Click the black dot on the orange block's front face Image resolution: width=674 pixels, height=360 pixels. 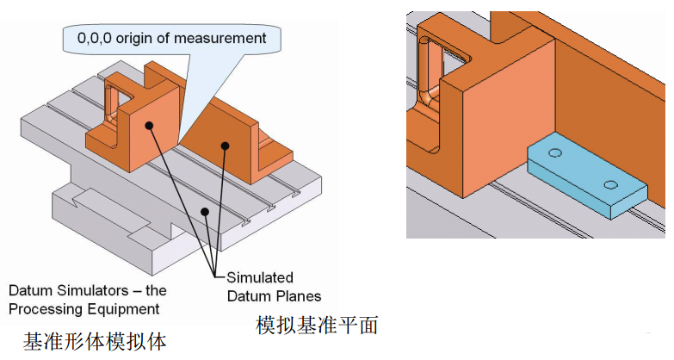click(149, 126)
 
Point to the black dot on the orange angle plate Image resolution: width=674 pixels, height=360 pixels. click(225, 146)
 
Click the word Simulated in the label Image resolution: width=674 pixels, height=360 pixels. click(260, 278)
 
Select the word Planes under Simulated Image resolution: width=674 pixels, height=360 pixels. click(299, 296)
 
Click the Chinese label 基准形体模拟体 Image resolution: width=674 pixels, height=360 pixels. click(95, 341)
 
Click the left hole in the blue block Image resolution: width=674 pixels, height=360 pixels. click(554, 152)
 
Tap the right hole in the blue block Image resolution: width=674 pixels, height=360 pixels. click(610, 183)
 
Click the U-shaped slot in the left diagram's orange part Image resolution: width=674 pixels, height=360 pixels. click(113, 101)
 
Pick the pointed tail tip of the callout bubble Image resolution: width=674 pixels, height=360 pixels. click(178, 141)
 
